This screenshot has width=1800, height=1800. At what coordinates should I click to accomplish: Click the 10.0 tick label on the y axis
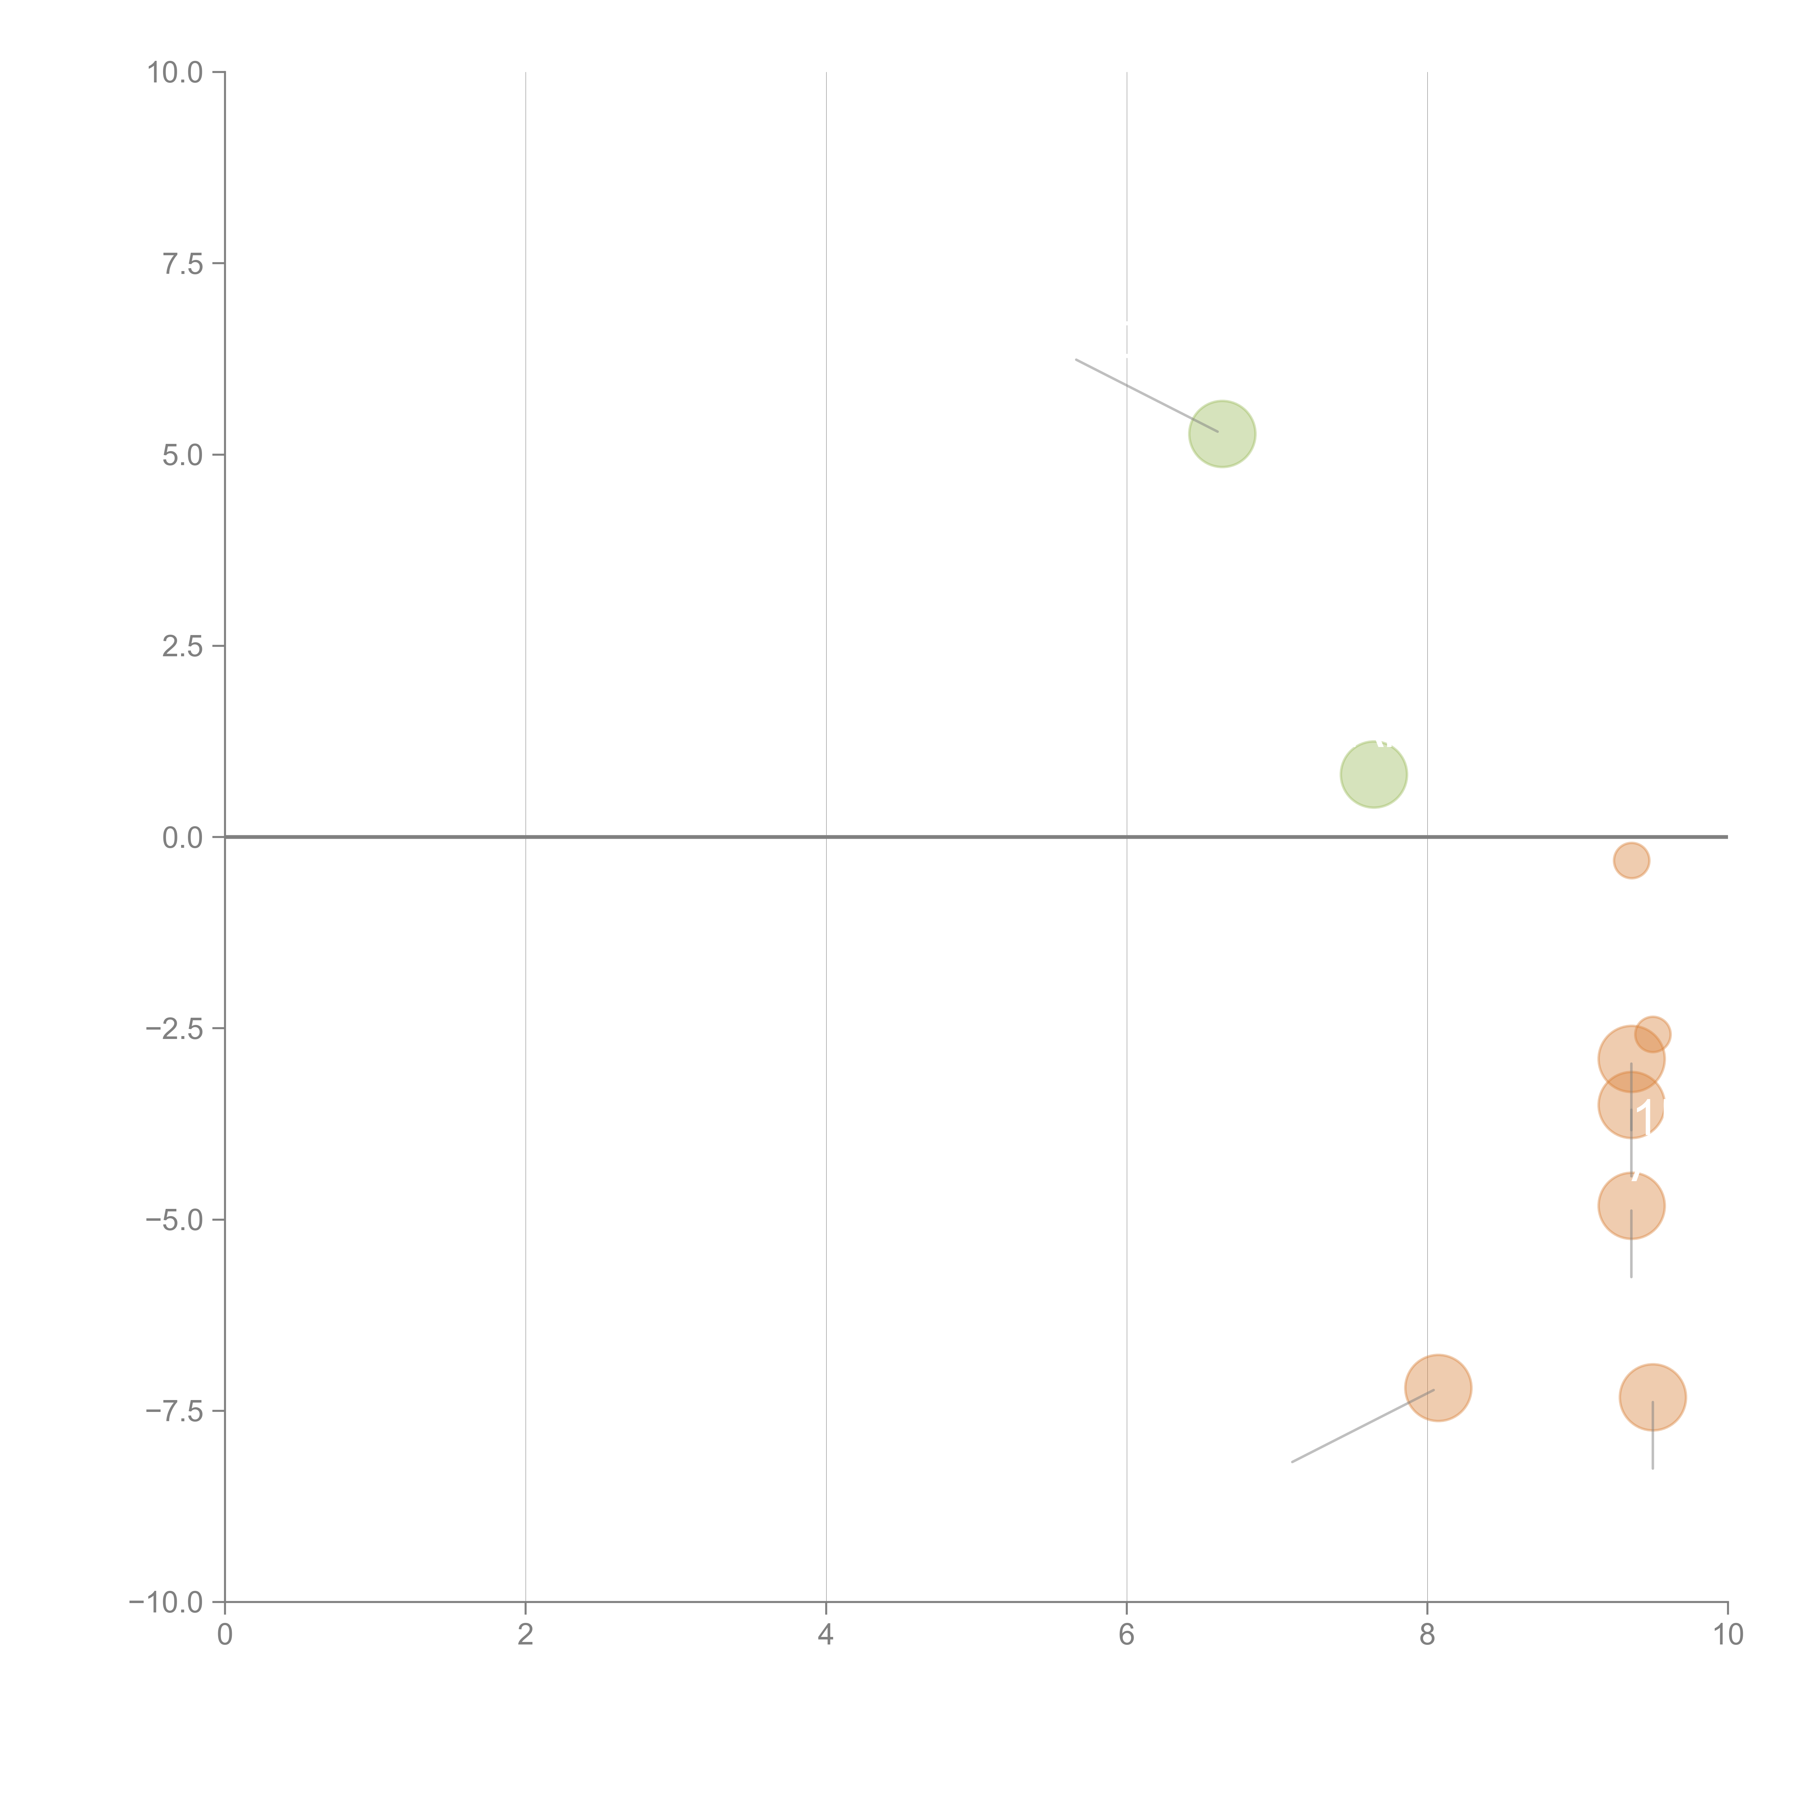click(x=175, y=73)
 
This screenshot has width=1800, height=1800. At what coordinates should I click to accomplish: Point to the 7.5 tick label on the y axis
click(x=183, y=264)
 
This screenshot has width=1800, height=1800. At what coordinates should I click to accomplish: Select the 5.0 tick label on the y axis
click(x=183, y=456)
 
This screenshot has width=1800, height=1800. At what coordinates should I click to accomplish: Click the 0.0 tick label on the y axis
click(x=183, y=838)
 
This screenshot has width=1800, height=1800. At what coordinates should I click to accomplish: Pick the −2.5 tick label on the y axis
click(x=174, y=1029)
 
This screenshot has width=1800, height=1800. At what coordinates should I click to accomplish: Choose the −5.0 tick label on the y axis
click(x=174, y=1220)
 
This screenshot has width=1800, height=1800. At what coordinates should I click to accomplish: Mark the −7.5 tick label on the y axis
click(x=174, y=1410)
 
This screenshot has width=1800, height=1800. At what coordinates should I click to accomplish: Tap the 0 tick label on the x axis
click(x=225, y=1635)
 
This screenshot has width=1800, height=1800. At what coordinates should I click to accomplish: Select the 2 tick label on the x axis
click(x=526, y=1635)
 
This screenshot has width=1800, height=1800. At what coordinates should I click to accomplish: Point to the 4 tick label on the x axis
click(x=825, y=1635)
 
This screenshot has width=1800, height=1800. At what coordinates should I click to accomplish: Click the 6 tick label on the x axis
click(x=1126, y=1635)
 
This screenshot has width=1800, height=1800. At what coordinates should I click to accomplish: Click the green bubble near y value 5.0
click(x=1222, y=434)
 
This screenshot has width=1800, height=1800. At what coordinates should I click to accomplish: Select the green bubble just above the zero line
click(x=1373, y=774)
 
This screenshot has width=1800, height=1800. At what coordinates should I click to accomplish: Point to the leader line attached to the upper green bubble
click(x=1146, y=395)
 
